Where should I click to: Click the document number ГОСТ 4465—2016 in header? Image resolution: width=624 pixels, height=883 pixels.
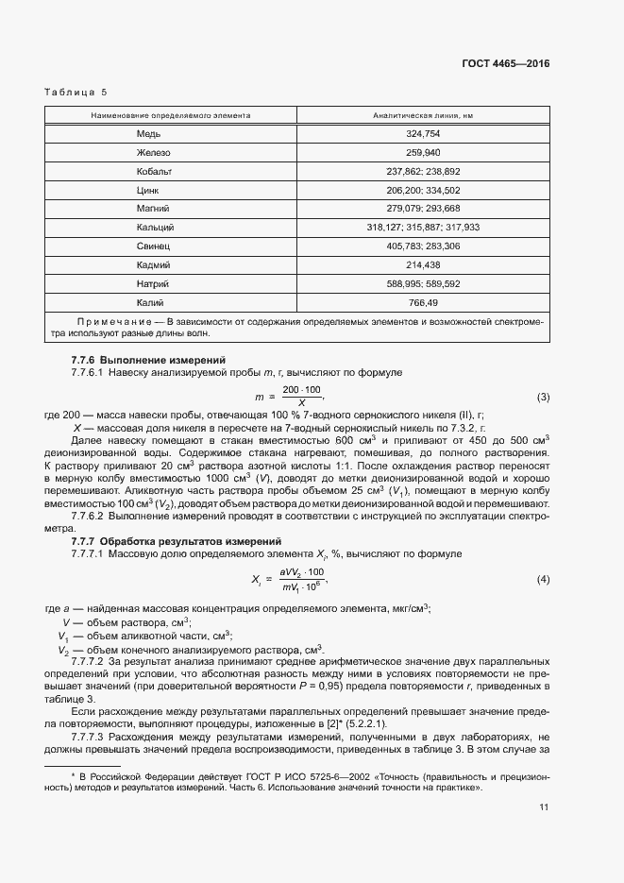click(505, 64)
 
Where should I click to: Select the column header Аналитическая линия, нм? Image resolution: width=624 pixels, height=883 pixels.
click(422, 115)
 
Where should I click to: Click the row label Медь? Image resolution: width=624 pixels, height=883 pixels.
click(149, 134)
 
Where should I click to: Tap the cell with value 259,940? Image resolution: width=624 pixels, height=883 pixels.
click(423, 153)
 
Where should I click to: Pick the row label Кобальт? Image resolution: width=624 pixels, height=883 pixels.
click(154, 172)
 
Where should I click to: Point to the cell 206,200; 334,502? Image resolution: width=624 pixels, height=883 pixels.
click(423, 190)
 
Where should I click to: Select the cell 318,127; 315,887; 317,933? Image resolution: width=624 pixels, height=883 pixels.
click(423, 228)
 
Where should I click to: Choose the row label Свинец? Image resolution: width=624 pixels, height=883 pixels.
click(153, 246)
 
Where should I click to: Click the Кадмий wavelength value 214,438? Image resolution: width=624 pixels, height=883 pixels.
click(423, 264)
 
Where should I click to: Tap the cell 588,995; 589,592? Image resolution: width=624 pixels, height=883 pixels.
click(423, 283)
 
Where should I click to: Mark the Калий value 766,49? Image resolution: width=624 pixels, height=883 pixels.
click(423, 302)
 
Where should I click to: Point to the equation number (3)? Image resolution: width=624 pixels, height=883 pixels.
click(543, 397)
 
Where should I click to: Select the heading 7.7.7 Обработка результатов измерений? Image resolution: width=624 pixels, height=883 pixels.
click(177, 541)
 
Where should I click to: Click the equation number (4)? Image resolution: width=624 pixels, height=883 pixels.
click(543, 578)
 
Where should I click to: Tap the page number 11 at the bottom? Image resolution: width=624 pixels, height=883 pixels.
click(544, 807)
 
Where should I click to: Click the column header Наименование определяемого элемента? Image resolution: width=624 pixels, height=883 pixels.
click(170, 115)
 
